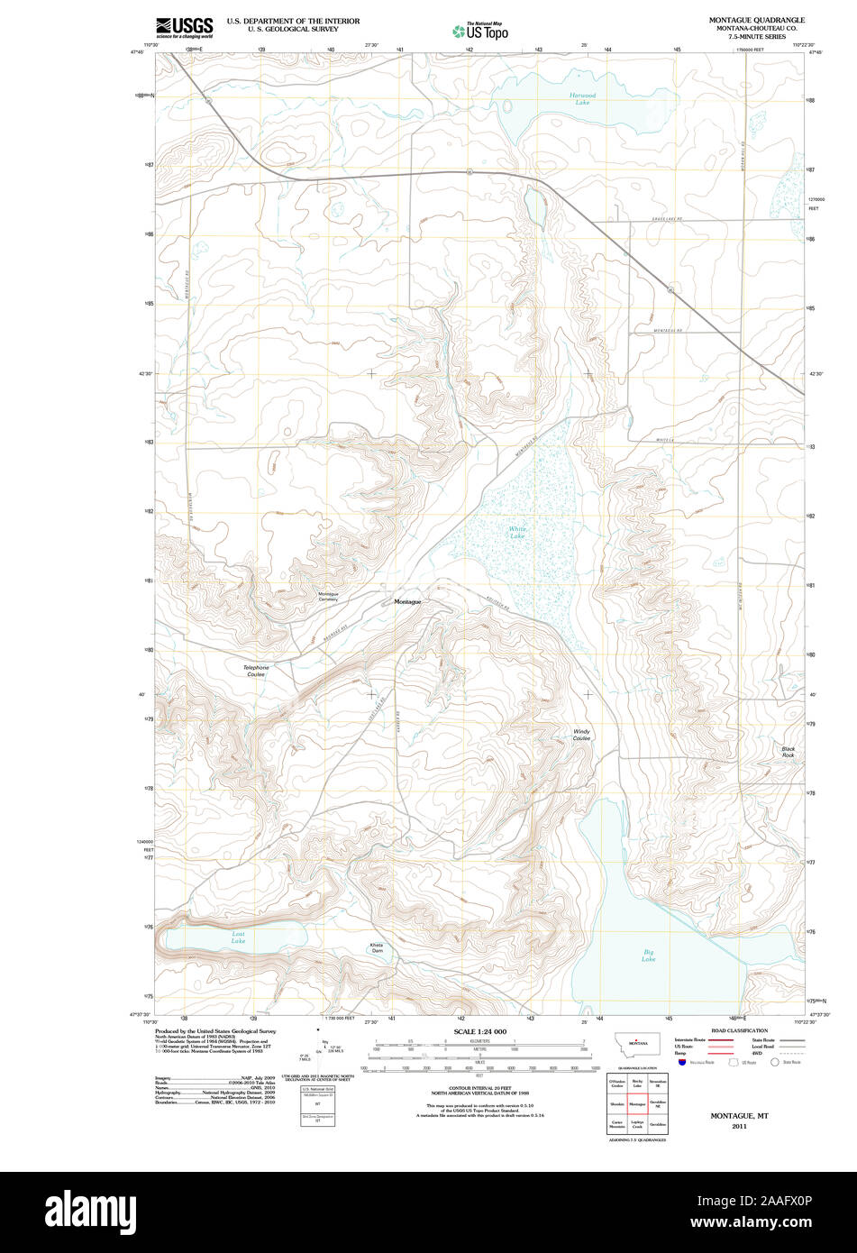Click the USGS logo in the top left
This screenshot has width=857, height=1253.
tap(184, 27)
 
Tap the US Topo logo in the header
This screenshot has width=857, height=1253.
tap(479, 31)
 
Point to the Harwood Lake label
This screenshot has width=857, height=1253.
tap(582, 98)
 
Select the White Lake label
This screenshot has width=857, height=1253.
tap(516, 533)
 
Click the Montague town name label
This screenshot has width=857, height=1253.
tap(407, 601)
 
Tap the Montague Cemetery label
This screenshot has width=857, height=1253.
tap(327, 597)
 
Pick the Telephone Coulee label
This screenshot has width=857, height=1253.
tap(256, 671)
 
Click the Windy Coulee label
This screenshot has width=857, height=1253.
tap(582, 735)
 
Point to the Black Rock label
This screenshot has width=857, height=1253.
tap(789, 752)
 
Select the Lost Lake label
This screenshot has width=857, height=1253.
tap(238, 937)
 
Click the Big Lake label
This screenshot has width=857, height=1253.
tap(649, 955)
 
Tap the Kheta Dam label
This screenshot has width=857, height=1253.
tap(377, 947)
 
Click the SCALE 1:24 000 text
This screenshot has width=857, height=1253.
tap(479, 1031)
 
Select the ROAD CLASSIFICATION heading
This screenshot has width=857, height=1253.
tap(739, 1030)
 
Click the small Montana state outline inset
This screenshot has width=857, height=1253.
tap(637, 1043)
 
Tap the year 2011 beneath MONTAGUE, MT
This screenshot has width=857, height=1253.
tap(739, 1127)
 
